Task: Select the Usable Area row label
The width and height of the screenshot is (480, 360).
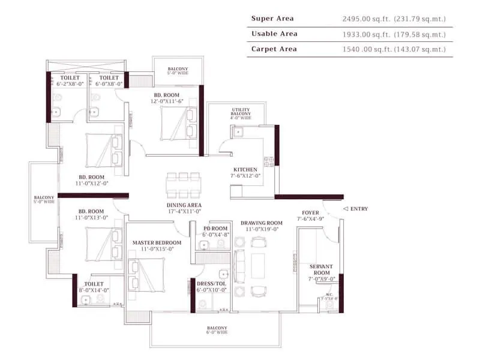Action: [274, 34]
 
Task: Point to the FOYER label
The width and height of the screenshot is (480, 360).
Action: [310, 212]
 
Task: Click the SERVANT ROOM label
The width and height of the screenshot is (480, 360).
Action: [321, 269]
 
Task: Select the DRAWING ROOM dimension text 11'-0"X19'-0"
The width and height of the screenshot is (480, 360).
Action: [262, 229]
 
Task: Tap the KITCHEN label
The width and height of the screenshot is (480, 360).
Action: [246, 170]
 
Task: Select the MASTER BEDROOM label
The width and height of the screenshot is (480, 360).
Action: [152, 242]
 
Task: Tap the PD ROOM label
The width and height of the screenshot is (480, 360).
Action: [215, 229]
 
